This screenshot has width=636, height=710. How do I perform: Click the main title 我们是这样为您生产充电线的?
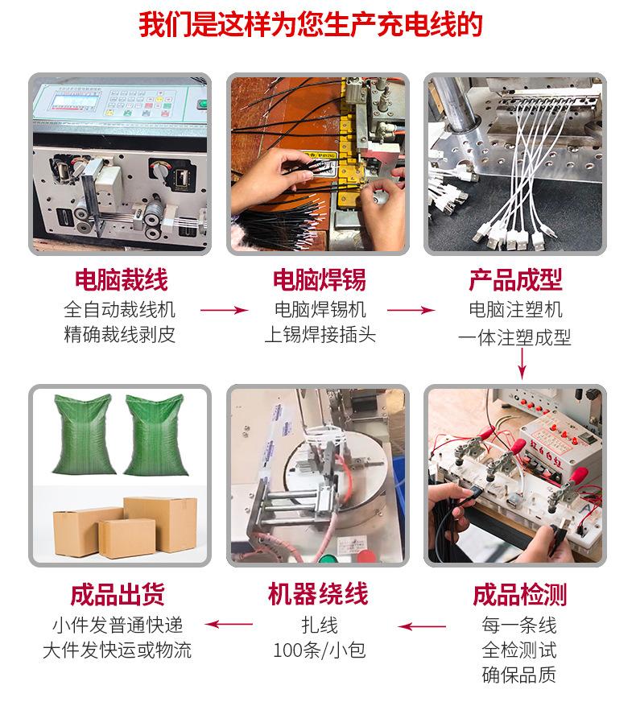(x=317, y=26)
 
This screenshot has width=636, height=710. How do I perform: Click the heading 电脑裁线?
(x=121, y=280)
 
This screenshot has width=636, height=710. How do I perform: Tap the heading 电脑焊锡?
(x=319, y=280)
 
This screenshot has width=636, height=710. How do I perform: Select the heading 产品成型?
(x=515, y=280)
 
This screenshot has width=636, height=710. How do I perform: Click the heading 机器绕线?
(x=317, y=595)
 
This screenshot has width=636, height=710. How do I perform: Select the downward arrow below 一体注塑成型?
(x=522, y=363)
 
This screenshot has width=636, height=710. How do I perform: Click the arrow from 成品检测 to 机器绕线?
(x=423, y=625)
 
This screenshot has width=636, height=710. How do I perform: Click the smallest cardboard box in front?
(x=126, y=538)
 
